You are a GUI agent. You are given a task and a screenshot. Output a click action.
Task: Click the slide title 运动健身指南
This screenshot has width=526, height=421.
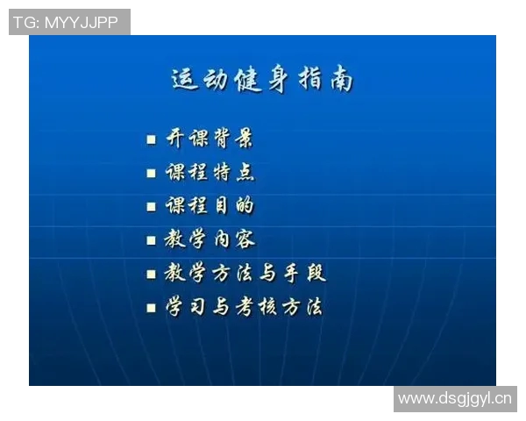click(262, 79)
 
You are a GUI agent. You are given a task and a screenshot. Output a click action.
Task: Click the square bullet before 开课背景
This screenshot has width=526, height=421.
click(152, 139)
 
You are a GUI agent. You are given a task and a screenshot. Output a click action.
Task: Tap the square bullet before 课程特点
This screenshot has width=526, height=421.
click(152, 173)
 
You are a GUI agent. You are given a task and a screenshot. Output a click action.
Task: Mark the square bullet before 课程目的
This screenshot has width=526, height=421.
click(152, 207)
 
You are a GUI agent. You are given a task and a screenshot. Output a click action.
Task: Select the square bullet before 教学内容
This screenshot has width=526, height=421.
click(152, 240)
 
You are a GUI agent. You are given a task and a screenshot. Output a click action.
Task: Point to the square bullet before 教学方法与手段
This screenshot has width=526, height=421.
click(152, 275)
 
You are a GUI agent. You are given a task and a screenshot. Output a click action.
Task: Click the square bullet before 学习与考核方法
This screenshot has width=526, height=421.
click(152, 308)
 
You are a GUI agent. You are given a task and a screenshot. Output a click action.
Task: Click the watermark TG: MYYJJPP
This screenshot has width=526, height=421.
click(69, 22)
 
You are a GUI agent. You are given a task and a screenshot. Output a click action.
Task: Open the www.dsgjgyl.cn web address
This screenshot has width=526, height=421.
click(455, 399)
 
